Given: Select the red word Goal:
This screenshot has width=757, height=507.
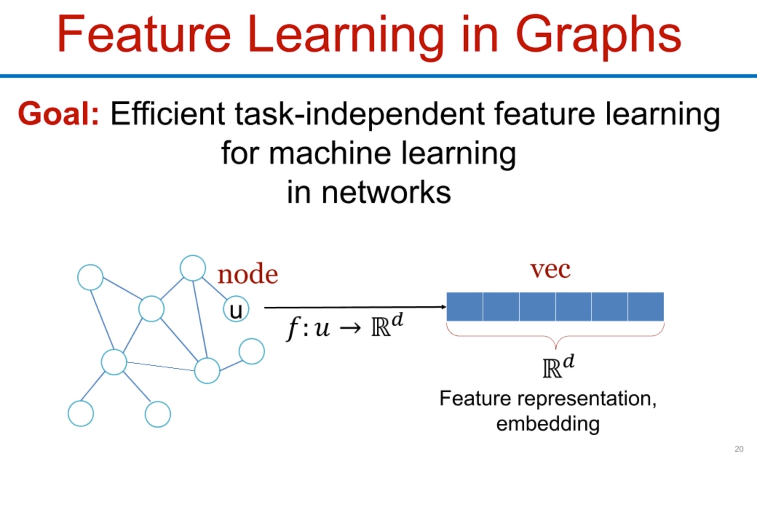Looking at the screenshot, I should click(59, 114).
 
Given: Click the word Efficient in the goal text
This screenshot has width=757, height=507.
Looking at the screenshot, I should click(168, 114).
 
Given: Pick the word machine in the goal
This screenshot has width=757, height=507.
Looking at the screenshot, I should click(329, 153).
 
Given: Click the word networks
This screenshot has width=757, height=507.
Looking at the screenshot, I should click(386, 192).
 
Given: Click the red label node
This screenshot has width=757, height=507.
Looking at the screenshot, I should click(247, 274).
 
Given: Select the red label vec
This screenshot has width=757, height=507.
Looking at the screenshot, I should click(550, 270).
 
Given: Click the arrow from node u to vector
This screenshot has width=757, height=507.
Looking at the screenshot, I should click(355, 307).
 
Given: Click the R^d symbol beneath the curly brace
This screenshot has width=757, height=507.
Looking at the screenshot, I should click(558, 367).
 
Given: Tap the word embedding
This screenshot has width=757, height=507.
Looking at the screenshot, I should click(548, 424).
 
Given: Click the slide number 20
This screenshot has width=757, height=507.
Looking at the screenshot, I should click(739, 449).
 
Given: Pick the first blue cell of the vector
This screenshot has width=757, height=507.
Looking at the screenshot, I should click(465, 307).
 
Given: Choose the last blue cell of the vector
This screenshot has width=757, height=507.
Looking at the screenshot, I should click(646, 307).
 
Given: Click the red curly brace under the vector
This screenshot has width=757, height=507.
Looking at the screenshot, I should click(555, 336).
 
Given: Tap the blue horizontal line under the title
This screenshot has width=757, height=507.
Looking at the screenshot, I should click(378, 76).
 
